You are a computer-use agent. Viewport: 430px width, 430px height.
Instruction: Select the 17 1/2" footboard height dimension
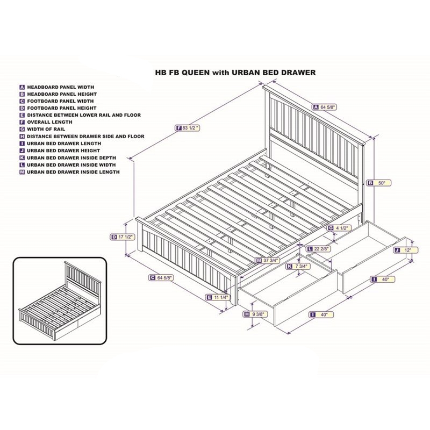(x=122, y=236)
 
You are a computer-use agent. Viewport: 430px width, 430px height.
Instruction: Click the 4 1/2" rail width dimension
(x=340, y=228)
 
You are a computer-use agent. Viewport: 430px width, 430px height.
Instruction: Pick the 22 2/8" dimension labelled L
(x=321, y=249)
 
